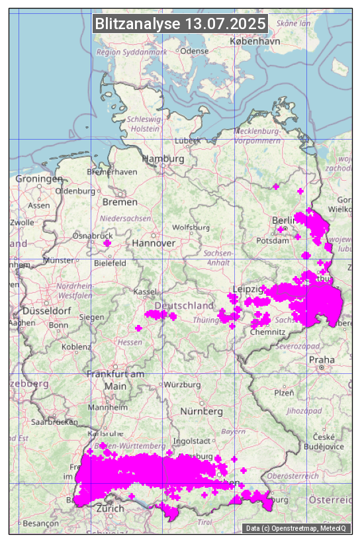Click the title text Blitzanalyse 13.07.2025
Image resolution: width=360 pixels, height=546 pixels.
[180, 24]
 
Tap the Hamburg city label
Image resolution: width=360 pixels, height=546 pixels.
[163, 159]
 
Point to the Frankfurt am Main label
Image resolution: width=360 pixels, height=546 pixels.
[115, 380]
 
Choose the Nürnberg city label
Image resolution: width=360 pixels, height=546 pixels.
[201, 411]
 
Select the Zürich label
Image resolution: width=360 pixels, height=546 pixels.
[110, 508]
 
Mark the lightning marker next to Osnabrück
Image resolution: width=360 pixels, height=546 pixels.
[107, 244]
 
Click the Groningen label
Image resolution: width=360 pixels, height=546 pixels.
[38, 179]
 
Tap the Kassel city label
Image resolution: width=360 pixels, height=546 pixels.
[144, 291]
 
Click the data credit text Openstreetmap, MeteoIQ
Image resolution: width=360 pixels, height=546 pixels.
[296, 528]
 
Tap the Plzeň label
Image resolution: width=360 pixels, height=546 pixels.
[284, 392]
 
